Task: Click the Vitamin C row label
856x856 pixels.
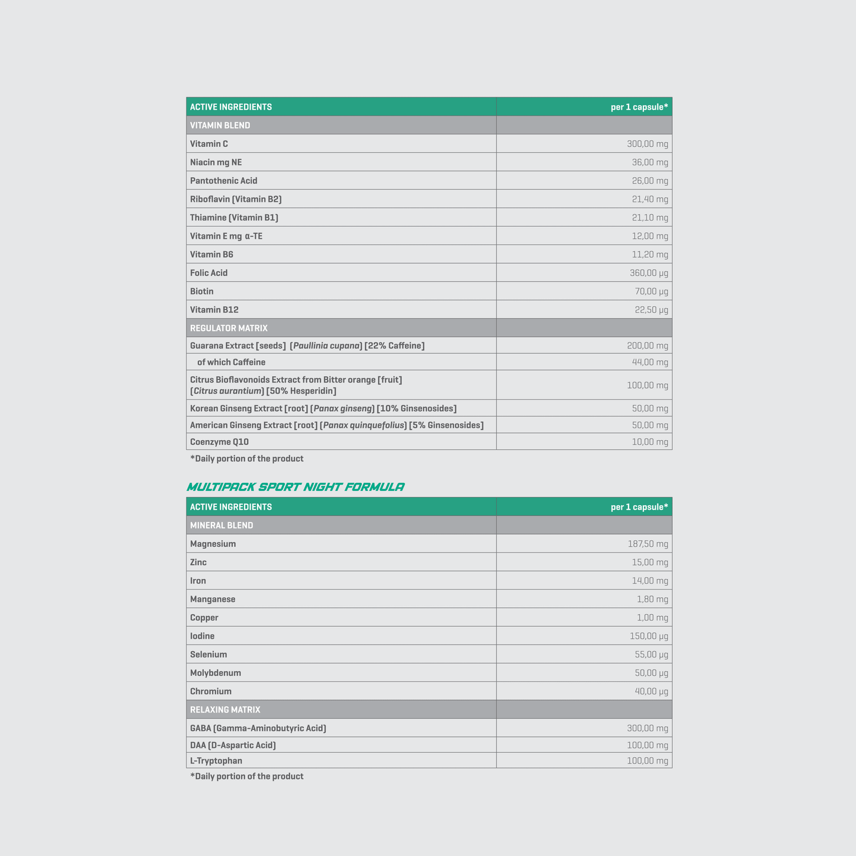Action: (209, 144)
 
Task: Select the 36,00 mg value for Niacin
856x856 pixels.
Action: (650, 162)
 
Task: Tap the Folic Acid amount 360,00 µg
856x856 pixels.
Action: (649, 273)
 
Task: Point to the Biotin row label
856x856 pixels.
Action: (201, 291)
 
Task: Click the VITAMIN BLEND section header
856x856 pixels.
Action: (220, 126)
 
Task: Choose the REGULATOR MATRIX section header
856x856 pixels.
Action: (229, 328)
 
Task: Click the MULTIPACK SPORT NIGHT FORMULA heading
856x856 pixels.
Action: (295, 487)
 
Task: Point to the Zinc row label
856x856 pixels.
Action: (198, 562)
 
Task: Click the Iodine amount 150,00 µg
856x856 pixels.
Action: (649, 636)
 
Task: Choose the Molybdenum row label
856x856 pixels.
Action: (216, 673)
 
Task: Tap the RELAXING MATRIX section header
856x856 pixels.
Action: (225, 710)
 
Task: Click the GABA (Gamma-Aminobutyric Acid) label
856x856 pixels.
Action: (258, 728)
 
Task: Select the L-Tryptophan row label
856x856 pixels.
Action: (216, 761)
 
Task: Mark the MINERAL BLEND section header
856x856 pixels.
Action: (222, 525)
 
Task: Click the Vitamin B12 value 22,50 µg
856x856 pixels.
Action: (651, 310)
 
